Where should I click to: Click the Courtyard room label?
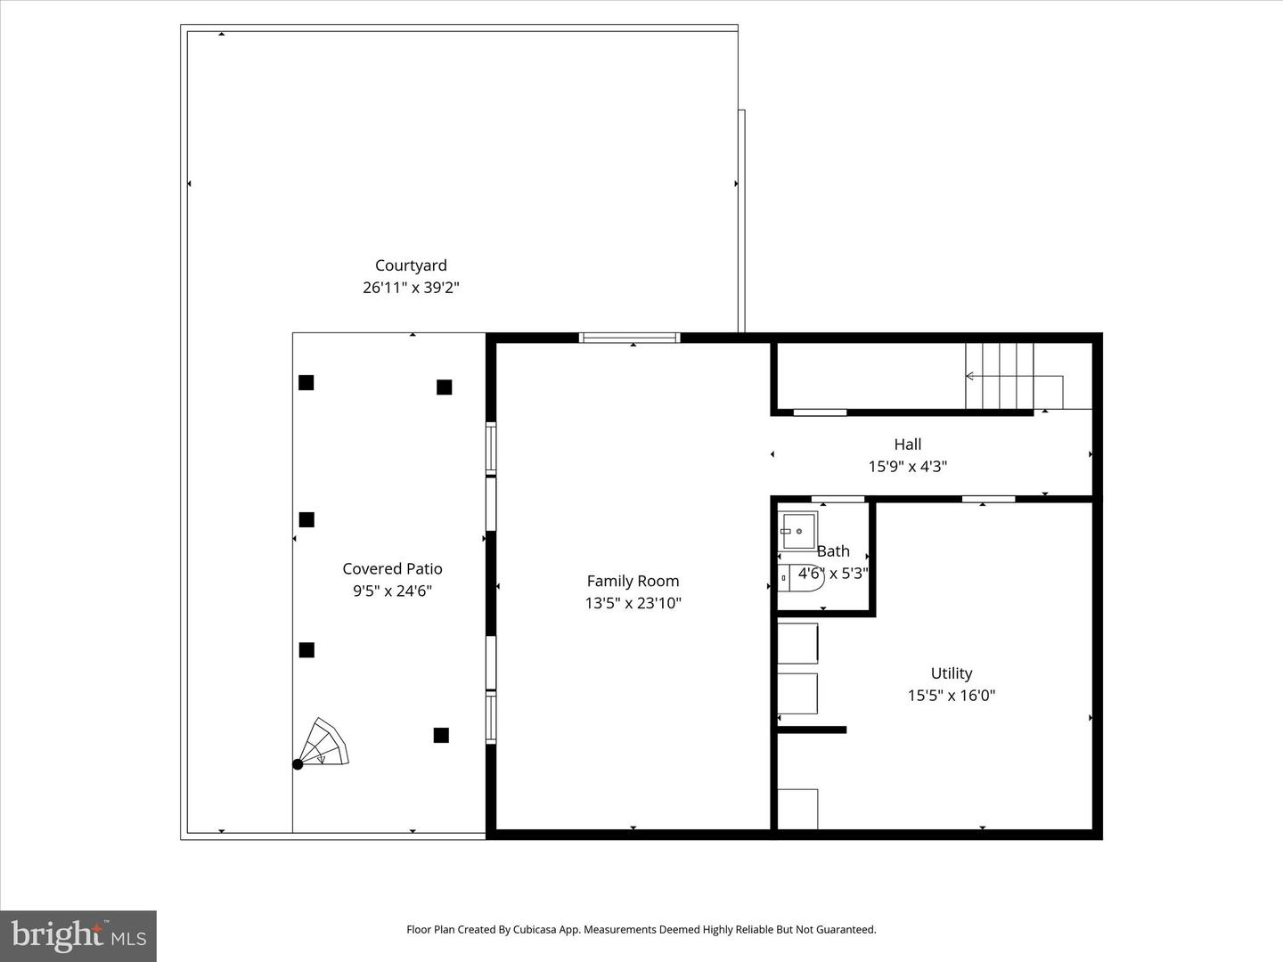(411, 265)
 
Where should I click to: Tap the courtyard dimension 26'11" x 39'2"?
(411, 288)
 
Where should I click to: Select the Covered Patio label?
(392, 568)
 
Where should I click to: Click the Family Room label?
(633, 581)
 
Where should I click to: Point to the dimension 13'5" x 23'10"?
(633, 603)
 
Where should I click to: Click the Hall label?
(907, 444)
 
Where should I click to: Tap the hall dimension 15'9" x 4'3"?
(907, 466)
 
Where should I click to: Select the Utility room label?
(951, 673)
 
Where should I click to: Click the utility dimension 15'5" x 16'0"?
(951, 696)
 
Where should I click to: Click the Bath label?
(833, 551)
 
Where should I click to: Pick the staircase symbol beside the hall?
(1001, 376)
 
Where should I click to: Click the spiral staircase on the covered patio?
(323, 744)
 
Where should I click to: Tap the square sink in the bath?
(797, 531)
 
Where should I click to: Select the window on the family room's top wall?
(630, 338)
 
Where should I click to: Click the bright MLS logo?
(78, 935)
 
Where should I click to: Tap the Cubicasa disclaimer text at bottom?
(641, 929)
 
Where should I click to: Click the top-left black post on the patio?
(306, 382)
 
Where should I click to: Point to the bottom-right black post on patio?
(441, 735)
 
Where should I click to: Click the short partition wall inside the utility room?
(811, 730)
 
